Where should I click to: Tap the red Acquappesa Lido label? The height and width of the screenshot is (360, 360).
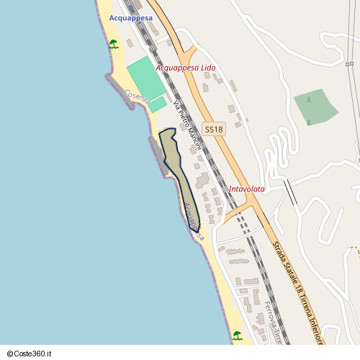point(186,68)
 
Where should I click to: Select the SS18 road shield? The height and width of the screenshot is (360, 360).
point(214,130)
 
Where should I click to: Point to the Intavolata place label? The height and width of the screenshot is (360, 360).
point(246,189)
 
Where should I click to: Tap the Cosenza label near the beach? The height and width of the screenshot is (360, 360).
point(137,96)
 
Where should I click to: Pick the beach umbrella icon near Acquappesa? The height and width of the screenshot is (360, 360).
point(114,45)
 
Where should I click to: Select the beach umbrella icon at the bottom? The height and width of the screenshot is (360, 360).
point(237,335)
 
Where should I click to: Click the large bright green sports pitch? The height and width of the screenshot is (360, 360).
point(145,78)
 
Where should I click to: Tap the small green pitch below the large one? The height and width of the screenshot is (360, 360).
point(158,105)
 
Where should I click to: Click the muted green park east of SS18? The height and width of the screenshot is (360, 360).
point(315,107)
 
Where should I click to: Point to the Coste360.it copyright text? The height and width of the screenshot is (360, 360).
point(30,354)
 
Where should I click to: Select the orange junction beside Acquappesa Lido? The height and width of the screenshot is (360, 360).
point(188,56)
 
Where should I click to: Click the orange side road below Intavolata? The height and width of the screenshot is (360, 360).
point(235,213)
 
